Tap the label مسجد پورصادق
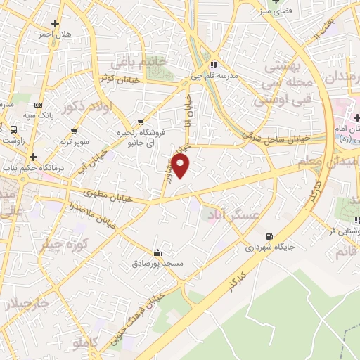coord(157,264)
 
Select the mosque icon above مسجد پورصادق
coord(157,253)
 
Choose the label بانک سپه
coord(39,115)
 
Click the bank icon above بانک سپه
coord(39,105)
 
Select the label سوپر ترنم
coord(74,142)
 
